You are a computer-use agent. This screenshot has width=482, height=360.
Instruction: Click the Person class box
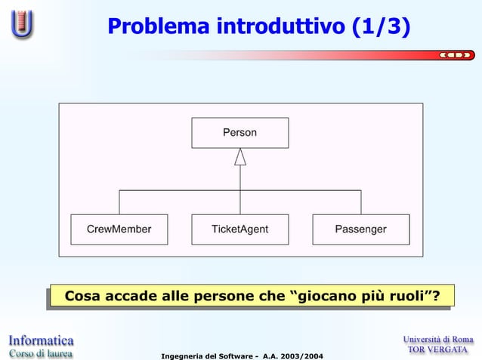click(x=239, y=133)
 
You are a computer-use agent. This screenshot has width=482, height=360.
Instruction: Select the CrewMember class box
click(x=119, y=229)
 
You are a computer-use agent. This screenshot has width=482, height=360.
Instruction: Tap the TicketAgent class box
click(x=239, y=229)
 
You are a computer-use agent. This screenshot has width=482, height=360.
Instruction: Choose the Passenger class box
click(x=360, y=229)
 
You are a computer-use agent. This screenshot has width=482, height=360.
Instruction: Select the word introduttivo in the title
click(x=281, y=28)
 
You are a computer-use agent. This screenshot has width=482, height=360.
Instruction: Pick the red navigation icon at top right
click(x=457, y=55)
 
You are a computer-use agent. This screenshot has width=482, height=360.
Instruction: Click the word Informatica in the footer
click(x=41, y=340)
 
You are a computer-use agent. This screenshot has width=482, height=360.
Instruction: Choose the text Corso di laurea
click(x=41, y=352)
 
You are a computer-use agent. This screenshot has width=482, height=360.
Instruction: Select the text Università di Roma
click(x=438, y=340)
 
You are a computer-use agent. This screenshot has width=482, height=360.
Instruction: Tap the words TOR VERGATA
click(x=439, y=351)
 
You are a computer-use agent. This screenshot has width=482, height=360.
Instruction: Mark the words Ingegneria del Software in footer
click(x=200, y=355)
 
